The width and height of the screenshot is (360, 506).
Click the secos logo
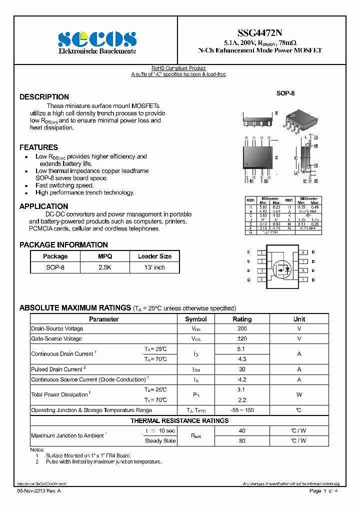coord(97,39)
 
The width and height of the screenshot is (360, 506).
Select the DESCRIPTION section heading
coord(44,97)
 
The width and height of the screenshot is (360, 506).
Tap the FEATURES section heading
coord(38,147)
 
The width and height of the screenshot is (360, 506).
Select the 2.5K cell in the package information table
coord(105,267)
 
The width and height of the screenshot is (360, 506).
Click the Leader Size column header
coord(154,256)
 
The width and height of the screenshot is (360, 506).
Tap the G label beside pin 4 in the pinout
coord(248,280)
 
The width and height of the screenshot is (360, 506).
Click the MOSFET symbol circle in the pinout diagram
coord(283,269)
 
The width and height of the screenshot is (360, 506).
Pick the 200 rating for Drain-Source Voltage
coord(242,329)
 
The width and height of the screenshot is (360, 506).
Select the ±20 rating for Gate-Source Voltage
coord(242,339)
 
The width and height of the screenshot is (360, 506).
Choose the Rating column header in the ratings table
coord(242,319)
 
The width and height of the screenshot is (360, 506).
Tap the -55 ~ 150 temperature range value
coord(242,410)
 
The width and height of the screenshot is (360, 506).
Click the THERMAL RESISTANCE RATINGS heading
coord(179,421)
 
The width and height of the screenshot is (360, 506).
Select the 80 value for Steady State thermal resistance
coord(242,441)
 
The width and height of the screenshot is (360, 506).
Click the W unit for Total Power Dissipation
coord(299,395)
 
